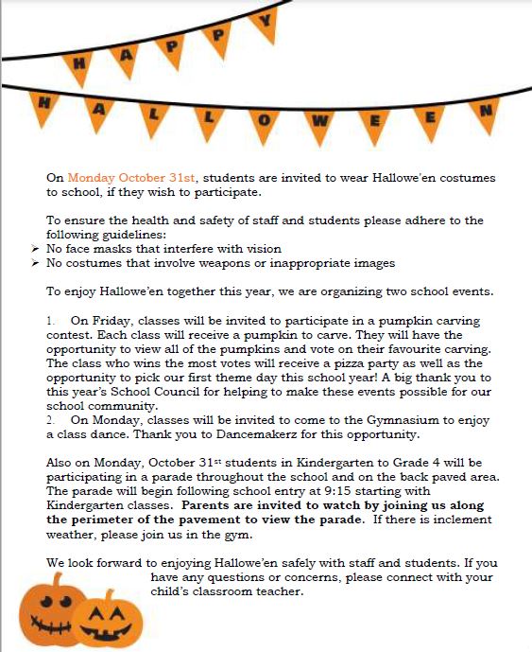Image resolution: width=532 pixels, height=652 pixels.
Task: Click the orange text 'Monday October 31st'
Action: click(x=131, y=178)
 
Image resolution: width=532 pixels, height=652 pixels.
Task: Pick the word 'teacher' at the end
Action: click(x=282, y=591)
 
